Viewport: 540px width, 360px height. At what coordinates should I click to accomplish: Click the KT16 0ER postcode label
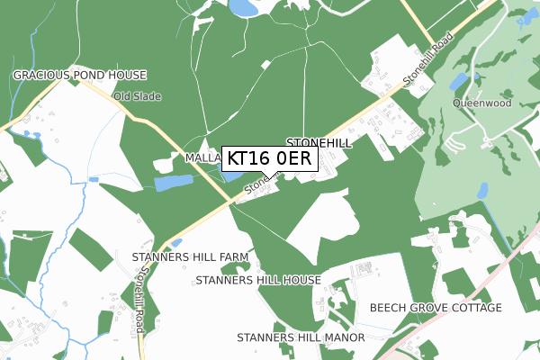269,158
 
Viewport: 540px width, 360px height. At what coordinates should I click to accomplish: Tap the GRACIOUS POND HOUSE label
79,75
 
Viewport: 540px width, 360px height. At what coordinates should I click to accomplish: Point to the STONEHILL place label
319,142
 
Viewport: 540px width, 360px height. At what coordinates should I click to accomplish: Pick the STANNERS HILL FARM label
190,257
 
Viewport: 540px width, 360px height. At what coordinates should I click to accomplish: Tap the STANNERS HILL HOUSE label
258,280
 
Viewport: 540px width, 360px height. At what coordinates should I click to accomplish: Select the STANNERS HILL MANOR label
301,337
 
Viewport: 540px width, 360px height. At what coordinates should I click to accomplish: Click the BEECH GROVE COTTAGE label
436,308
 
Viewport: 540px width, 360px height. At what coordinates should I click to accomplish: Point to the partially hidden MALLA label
202,157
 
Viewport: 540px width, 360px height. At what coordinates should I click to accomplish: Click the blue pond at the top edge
242,8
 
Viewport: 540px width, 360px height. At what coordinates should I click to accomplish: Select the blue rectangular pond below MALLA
173,183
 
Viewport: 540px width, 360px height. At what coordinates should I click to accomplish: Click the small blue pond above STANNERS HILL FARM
175,243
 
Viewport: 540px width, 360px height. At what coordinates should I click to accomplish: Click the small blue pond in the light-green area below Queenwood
483,190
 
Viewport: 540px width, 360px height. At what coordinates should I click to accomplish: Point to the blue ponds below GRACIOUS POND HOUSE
33,137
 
